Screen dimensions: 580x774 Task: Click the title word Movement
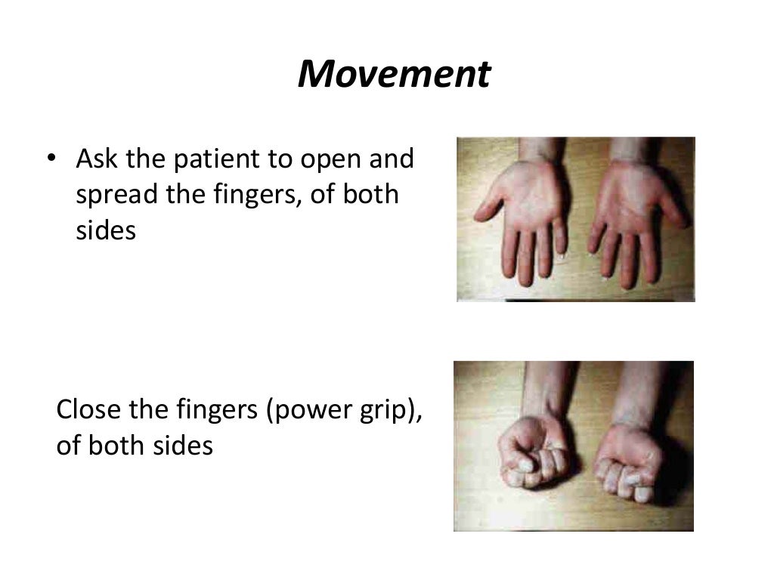(x=394, y=75)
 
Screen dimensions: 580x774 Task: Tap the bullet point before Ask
(x=51, y=159)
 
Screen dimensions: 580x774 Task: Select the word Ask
(x=94, y=159)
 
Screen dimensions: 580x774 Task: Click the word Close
(x=85, y=410)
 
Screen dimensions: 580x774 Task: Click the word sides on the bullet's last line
(x=106, y=230)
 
